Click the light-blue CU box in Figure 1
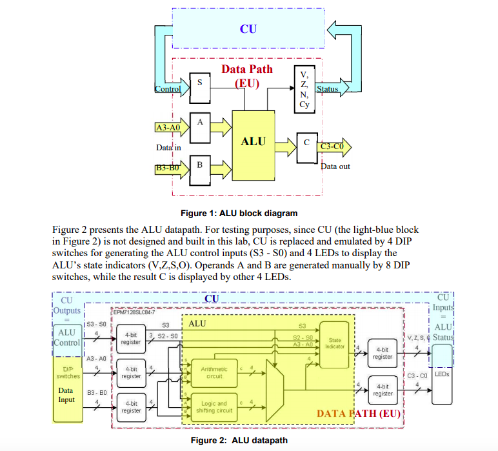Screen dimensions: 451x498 (248, 28)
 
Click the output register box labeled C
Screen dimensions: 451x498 (306, 143)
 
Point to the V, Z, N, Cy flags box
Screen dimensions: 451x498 (304, 89)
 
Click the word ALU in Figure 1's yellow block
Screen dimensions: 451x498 (253, 141)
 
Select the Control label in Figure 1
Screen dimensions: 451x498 (168, 89)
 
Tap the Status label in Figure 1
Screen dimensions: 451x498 (327, 89)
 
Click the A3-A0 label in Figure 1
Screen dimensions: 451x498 (168, 127)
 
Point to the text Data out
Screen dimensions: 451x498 (335, 166)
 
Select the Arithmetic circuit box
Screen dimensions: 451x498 (214, 373)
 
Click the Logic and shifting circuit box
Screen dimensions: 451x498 (214, 407)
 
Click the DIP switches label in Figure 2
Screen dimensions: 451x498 (67, 372)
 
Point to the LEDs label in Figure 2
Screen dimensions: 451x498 (442, 374)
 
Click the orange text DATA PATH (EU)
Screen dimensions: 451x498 (359, 414)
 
